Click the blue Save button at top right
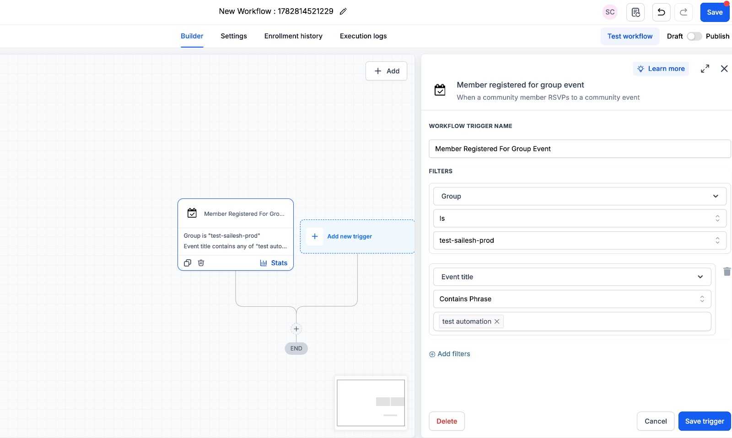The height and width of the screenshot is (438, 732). click(714, 12)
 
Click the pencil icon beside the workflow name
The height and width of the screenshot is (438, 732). click(343, 11)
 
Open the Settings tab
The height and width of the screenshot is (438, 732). click(234, 36)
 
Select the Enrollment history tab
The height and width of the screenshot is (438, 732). click(293, 36)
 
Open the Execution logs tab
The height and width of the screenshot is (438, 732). click(363, 36)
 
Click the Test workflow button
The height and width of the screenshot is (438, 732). click(630, 36)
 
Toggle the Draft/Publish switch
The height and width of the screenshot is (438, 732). click(694, 36)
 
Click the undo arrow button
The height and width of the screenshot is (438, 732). click(661, 12)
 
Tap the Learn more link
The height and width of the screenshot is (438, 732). click(661, 69)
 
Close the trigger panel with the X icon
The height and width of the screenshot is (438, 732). click(724, 69)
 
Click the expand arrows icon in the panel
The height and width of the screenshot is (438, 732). click(705, 69)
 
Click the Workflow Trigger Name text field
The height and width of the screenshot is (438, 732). click(579, 149)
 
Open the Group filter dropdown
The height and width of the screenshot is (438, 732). click(579, 196)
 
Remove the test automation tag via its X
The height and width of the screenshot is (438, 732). click(497, 321)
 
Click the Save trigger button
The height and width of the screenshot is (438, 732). click(704, 421)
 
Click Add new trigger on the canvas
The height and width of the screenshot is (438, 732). click(350, 236)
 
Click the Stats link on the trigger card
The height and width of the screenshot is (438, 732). click(274, 263)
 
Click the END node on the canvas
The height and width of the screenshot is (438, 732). click(296, 348)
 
